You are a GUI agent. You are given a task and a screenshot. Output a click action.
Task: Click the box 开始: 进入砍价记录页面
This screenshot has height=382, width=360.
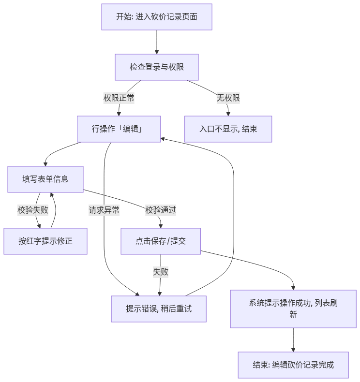point(157,17)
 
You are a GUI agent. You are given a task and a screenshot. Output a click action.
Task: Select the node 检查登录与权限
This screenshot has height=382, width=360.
point(157,67)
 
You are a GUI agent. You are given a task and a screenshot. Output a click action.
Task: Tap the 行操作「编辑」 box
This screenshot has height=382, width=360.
point(119,129)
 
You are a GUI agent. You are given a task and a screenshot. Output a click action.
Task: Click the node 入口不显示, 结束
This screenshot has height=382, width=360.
point(228,129)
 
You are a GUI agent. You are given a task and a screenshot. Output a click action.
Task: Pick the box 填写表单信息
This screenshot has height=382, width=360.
point(45,179)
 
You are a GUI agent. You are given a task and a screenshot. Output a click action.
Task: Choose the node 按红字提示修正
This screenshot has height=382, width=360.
point(45,241)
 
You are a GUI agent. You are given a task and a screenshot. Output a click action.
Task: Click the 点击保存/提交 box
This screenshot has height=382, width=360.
point(161,241)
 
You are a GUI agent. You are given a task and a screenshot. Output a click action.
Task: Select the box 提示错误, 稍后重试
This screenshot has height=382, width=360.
point(159,309)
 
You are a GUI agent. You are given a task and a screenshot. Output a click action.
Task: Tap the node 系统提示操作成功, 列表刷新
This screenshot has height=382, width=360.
point(293,309)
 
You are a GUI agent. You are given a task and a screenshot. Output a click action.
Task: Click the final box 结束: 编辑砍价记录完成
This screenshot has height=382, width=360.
point(293,365)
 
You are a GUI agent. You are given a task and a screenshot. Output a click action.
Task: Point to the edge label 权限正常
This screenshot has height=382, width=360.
point(119,98)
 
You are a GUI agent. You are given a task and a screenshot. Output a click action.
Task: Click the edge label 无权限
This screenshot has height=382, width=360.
point(228,98)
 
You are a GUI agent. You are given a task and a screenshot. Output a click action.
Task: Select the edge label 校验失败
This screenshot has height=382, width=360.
point(33,210)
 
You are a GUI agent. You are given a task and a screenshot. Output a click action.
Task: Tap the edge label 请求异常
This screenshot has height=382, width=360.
point(104,210)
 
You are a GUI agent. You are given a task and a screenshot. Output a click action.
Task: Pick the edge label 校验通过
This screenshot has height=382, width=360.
point(161,210)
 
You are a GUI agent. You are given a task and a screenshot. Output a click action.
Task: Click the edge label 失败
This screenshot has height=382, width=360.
point(161,272)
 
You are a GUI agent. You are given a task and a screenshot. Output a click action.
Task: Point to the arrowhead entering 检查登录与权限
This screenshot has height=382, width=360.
point(157,52)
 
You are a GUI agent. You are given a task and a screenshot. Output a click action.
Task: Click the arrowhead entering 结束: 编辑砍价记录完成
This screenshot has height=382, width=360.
point(293,351)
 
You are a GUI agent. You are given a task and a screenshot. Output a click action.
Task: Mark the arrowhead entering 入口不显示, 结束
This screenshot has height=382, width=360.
point(228,114)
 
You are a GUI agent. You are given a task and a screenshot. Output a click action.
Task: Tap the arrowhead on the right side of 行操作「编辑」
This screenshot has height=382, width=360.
point(162,139)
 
